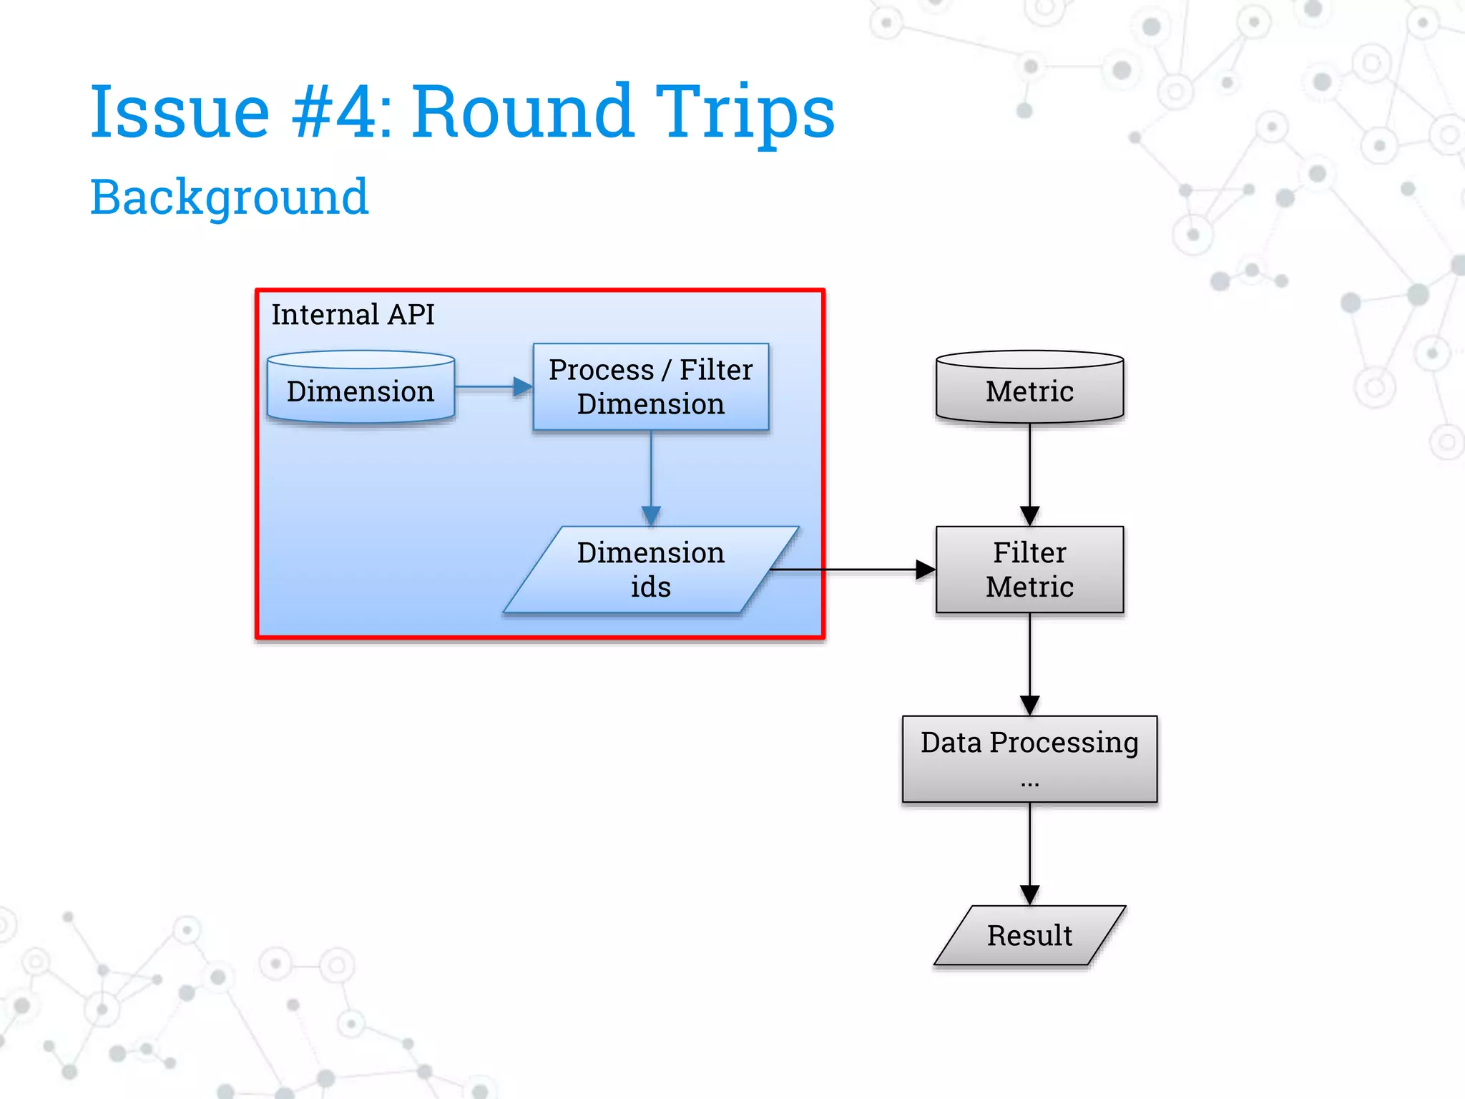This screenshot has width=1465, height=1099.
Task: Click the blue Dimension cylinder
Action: click(361, 390)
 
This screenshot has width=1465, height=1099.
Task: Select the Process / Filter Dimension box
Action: click(650, 387)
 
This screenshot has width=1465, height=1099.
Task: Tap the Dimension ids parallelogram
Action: click(650, 570)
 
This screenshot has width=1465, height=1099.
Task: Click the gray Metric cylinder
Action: click(1029, 390)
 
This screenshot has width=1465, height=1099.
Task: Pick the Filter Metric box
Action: click(1029, 570)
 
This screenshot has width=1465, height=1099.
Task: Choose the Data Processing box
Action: click(1029, 758)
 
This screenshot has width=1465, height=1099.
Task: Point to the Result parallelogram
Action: click(1029, 935)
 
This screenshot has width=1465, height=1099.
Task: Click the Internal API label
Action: click(353, 315)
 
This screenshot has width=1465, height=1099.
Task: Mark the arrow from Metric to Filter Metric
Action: click(1029, 472)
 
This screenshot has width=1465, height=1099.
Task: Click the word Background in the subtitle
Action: click(229, 197)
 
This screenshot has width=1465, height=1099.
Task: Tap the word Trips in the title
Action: click(745, 112)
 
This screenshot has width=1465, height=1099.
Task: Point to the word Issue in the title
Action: click(180, 112)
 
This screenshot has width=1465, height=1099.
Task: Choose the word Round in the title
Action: click(522, 112)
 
